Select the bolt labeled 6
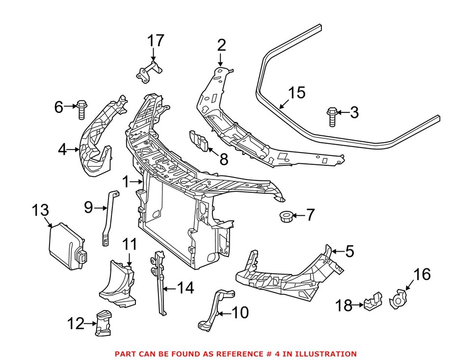click(x=81, y=109)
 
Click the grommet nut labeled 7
click(x=286, y=215)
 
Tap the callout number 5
click(x=349, y=252)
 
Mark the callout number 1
click(x=126, y=182)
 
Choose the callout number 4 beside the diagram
click(x=62, y=149)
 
